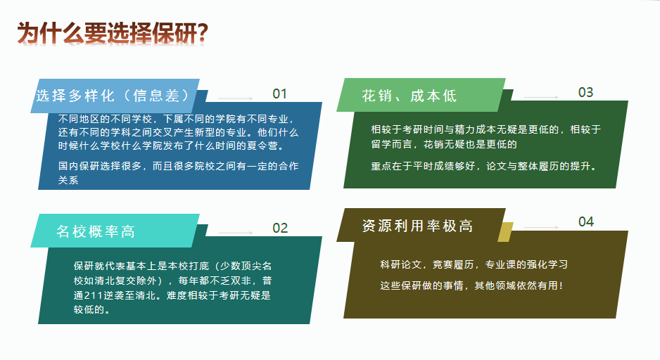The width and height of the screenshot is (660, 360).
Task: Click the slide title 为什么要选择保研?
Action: pos(113,33)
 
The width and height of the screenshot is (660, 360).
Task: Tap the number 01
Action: pos(279,94)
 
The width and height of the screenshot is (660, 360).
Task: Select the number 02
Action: pos(280,228)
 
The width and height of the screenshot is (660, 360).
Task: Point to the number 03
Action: pos(585,93)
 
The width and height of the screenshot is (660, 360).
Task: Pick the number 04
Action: pos(586,221)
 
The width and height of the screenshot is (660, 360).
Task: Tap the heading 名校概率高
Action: pos(96,231)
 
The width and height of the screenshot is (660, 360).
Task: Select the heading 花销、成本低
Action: pos(409,96)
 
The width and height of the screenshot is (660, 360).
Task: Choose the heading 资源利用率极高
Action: pos(417,226)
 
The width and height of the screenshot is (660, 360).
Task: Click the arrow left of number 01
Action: pos(235,98)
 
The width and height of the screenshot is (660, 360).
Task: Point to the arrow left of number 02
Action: pos(235,233)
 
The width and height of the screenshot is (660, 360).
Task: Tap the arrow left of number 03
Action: pos(541,97)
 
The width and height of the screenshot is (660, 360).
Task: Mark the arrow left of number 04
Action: pos(541,228)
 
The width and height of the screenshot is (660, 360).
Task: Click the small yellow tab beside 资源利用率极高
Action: pos(505,232)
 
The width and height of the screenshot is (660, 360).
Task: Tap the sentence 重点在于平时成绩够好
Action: pos(484,166)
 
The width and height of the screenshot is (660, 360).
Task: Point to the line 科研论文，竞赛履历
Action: pos(474,264)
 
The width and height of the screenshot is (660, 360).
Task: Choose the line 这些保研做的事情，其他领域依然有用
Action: pos(471,285)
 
